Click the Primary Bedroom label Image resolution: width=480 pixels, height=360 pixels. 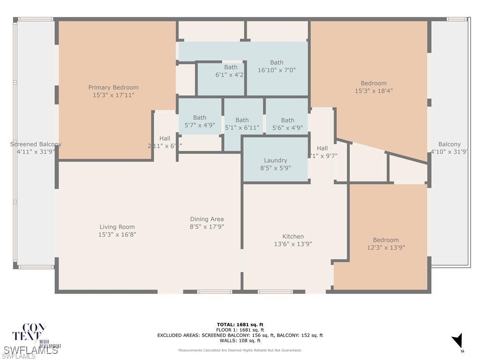(113, 88)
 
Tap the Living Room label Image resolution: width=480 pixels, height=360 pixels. (117, 227)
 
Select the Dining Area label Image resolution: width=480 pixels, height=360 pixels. (207, 219)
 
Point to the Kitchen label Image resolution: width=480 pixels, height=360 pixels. (293, 236)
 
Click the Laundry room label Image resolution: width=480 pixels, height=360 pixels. (275, 160)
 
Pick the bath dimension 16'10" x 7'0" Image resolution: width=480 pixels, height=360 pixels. (277, 70)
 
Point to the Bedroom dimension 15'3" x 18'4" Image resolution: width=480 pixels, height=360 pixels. (374, 91)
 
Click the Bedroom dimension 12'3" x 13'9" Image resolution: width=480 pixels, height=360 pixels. (386, 247)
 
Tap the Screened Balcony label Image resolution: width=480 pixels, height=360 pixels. (36, 144)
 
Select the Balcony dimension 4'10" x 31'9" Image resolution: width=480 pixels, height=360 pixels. (449, 151)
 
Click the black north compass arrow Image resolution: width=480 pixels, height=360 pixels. (458, 341)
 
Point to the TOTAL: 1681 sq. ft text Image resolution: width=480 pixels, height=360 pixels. (240, 324)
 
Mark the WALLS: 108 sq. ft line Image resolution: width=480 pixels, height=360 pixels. (240, 341)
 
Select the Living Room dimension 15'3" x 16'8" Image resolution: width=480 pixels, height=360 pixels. (117, 234)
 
